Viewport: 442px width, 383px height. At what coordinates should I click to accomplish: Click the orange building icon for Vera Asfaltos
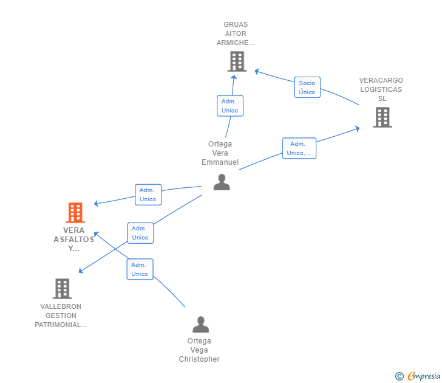(x=75, y=213)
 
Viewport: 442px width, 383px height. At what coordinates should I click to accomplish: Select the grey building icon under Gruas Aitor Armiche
(x=236, y=61)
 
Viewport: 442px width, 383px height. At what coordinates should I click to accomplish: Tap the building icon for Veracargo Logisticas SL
(x=382, y=117)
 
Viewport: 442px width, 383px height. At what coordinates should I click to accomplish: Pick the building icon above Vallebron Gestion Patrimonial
(x=62, y=289)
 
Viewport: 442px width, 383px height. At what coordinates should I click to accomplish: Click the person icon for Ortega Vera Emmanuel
(x=222, y=182)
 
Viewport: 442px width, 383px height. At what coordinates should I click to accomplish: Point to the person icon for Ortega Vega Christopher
(x=200, y=324)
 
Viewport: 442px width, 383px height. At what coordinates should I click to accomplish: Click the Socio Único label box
(x=307, y=88)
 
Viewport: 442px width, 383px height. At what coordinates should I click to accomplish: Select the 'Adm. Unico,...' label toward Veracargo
(x=299, y=148)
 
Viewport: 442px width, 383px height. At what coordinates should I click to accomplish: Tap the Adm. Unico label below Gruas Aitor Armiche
(x=229, y=106)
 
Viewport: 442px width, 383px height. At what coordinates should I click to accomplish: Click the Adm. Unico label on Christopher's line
(x=140, y=269)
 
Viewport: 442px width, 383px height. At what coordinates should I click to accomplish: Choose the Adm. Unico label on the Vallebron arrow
(x=140, y=233)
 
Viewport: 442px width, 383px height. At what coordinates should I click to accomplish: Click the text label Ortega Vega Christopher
(x=199, y=350)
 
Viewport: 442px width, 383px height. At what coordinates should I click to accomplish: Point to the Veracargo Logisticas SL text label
(x=381, y=89)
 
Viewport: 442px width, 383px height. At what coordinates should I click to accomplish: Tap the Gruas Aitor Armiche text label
(x=236, y=34)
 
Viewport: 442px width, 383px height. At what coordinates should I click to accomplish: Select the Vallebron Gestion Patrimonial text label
(x=61, y=316)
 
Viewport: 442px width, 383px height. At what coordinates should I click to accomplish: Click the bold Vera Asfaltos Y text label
(x=74, y=240)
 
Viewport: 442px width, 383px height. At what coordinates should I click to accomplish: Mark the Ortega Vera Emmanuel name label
(x=220, y=153)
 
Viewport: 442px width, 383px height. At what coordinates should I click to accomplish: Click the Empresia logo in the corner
(x=423, y=376)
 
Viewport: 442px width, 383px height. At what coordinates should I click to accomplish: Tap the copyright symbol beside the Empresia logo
(x=399, y=376)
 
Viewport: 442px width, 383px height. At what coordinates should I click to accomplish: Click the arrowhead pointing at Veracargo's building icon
(x=358, y=128)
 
